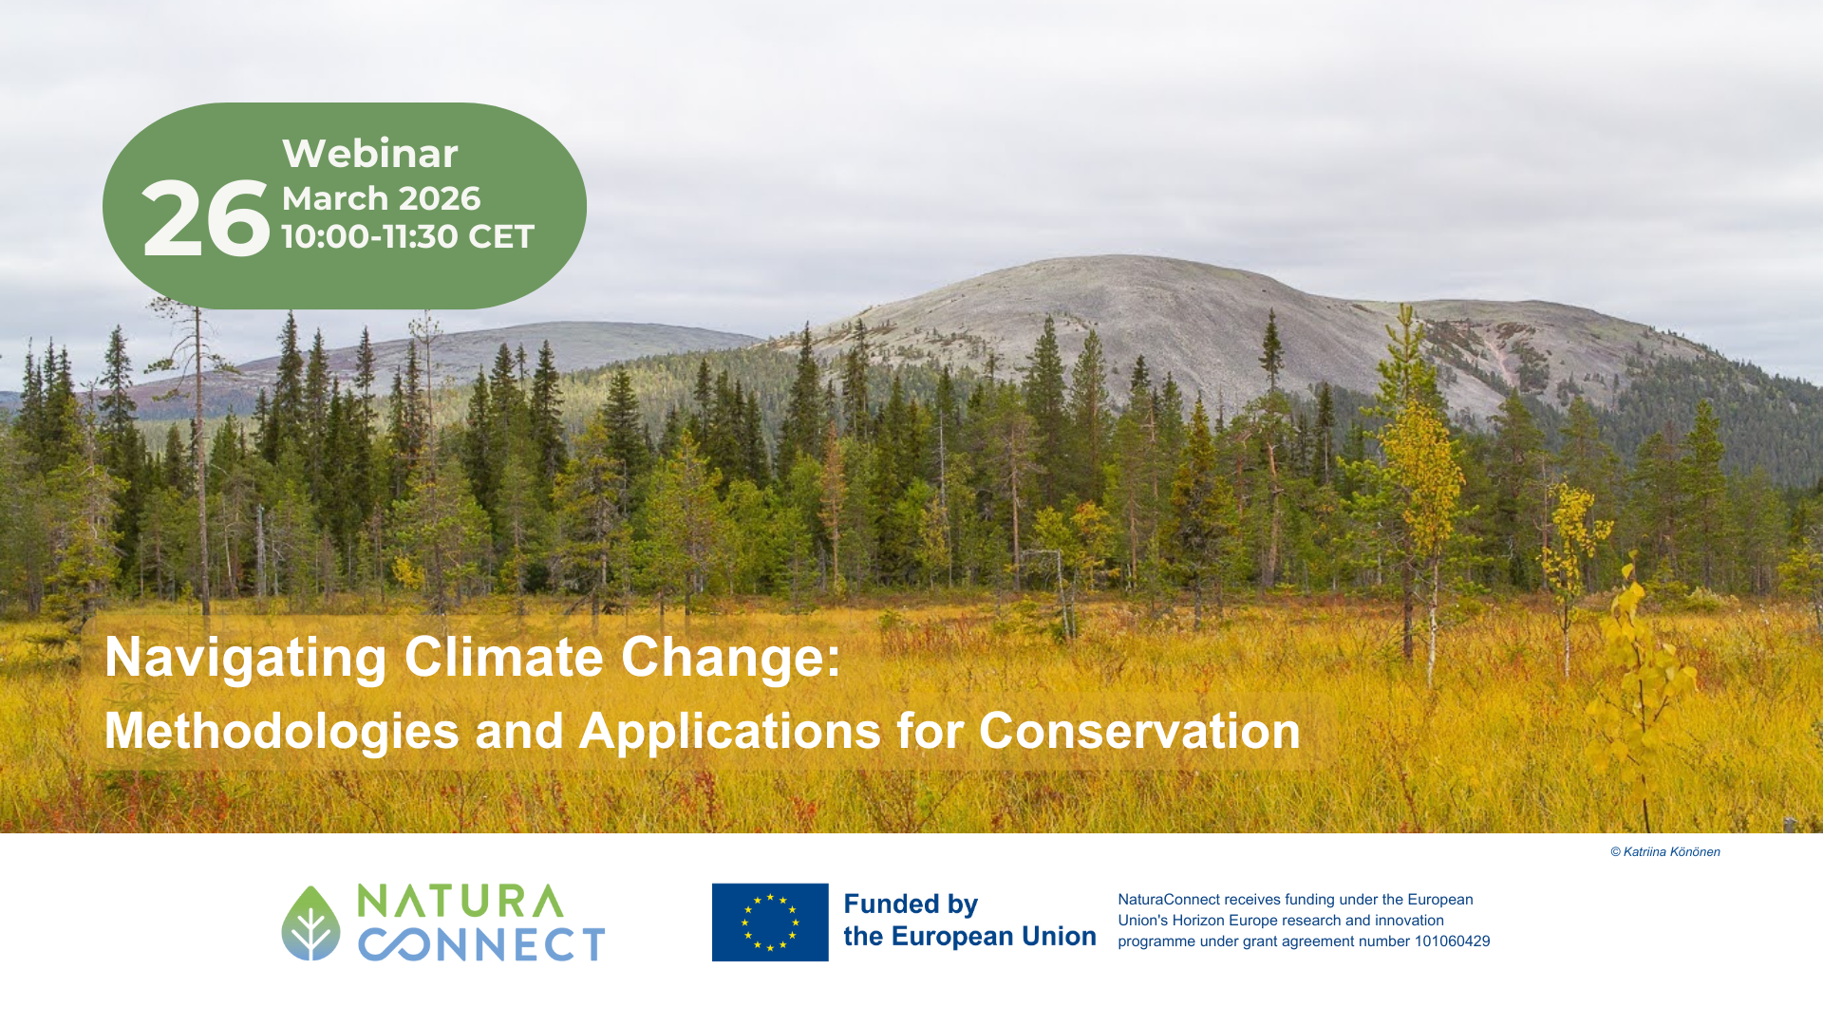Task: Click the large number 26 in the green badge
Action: pyautogui.click(x=206, y=219)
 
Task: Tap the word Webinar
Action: pyautogui.click(x=370, y=154)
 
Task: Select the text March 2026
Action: pyautogui.click(x=381, y=198)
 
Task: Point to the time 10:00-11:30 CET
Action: pyautogui.click(x=408, y=236)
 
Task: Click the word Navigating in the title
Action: pyautogui.click(x=246, y=658)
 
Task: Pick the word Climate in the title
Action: pyautogui.click(x=504, y=657)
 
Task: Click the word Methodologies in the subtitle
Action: pyautogui.click(x=281, y=732)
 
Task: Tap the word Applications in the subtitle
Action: pyautogui.click(x=730, y=732)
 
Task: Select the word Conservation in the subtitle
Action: pyautogui.click(x=1139, y=731)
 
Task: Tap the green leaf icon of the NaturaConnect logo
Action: pyautogui.click(x=310, y=923)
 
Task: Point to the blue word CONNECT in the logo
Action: pyautogui.click(x=481, y=944)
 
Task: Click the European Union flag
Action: pyautogui.click(x=770, y=922)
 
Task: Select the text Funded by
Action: pyautogui.click(x=911, y=904)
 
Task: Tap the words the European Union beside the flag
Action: pyautogui.click(x=969, y=937)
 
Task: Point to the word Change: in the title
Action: pyautogui.click(x=731, y=657)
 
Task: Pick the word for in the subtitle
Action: pyautogui.click(x=930, y=731)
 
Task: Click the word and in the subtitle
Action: pyautogui.click(x=519, y=731)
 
